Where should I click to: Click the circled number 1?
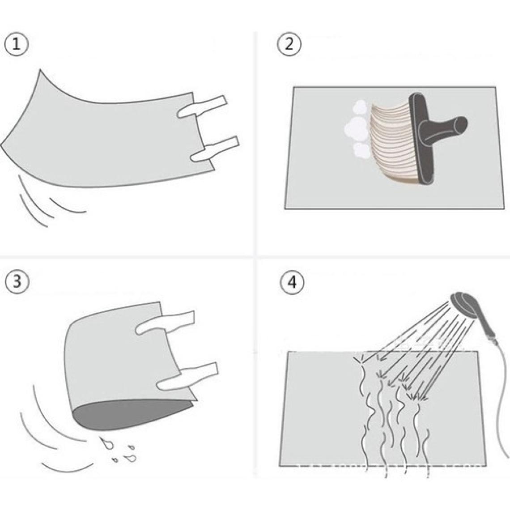[x=16, y=45]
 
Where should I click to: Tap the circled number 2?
[x=289, y=44]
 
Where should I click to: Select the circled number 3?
[x=17, y=280]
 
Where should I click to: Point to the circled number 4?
[x=293, y=282]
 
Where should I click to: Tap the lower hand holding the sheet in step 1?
[x=215, y=149]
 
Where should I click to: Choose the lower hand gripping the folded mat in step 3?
[x=187, y=376]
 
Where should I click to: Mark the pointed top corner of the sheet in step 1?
[x=40, y=70]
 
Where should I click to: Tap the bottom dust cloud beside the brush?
[x=361, y=149]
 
